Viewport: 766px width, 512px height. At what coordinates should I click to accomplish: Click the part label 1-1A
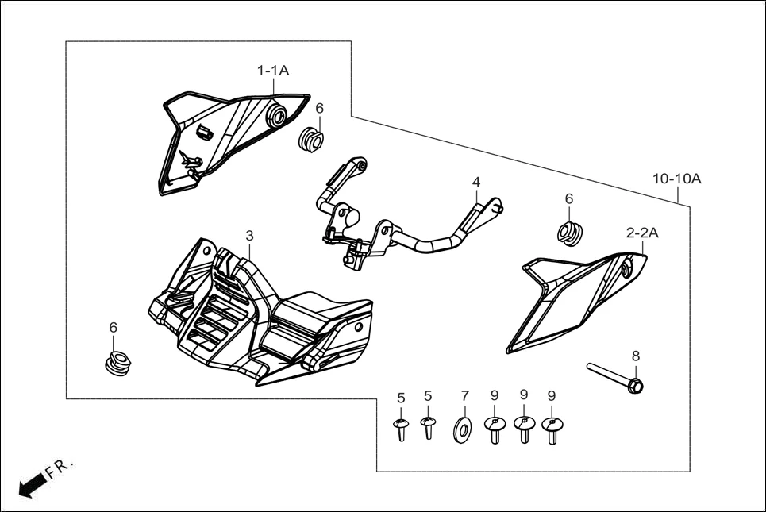pos(272,71)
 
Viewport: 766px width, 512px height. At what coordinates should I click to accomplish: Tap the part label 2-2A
pos(642,233)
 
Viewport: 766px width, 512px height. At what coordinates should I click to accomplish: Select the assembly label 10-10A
pos(677,179)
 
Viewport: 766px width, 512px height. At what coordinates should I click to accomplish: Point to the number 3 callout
pos(249,236)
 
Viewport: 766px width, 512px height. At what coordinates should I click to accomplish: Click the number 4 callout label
pos(476,183)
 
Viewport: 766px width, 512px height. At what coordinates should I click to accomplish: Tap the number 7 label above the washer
pos(465,395)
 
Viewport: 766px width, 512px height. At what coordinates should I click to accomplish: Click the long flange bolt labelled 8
pos(615,377)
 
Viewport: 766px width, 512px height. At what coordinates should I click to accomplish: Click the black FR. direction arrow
pos(31,483)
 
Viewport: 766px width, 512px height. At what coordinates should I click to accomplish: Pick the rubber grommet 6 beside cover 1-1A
pos(312,141)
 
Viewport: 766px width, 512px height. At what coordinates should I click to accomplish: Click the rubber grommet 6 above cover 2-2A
pos(570,232)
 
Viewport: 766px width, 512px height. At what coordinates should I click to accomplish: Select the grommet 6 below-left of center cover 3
pos(118,362)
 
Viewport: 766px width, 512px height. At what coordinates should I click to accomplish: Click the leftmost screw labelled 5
pos(401,429)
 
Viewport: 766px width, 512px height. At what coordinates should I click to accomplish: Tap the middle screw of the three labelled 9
pos(523,429)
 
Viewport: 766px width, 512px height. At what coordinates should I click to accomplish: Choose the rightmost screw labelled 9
pos(551,429)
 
